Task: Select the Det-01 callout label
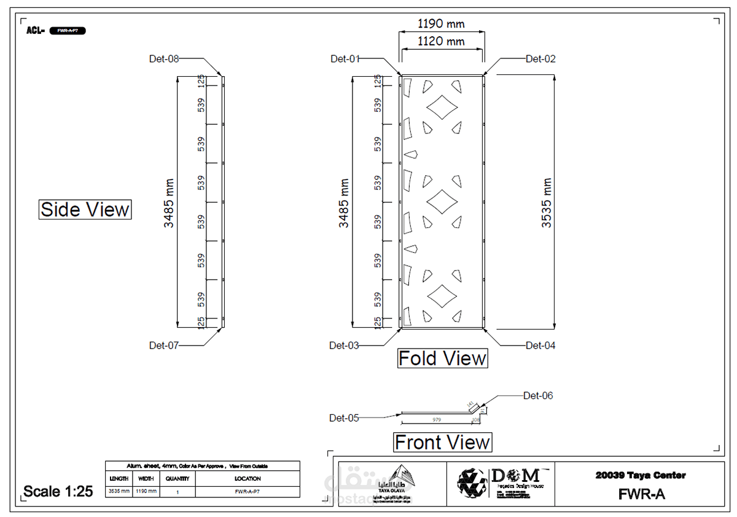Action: [x=345, y=59]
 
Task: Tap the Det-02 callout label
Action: [x=540, y=59]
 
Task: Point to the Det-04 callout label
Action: [x=540, y=345]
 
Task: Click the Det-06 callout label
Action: [x=538, y=396]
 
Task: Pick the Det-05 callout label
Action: [x=344, y=418]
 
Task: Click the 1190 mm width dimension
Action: [x=441, y=25]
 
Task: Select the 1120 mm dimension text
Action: [x=441, y=42]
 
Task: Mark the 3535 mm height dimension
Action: [x=547, y=203]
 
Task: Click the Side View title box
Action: [x=85, y=210]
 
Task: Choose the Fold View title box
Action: [x=442, y=358]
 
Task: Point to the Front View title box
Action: [x=442, y=442]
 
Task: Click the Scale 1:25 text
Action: [x=58, y=491]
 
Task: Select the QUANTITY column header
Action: [x=177, y=478]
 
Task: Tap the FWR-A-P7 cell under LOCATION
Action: [x=248, y=492]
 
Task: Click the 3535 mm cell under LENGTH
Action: [x=119, y=492]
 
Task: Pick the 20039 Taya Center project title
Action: [x=641, y=475]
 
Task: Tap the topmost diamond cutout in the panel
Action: [x=442, y=108]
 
